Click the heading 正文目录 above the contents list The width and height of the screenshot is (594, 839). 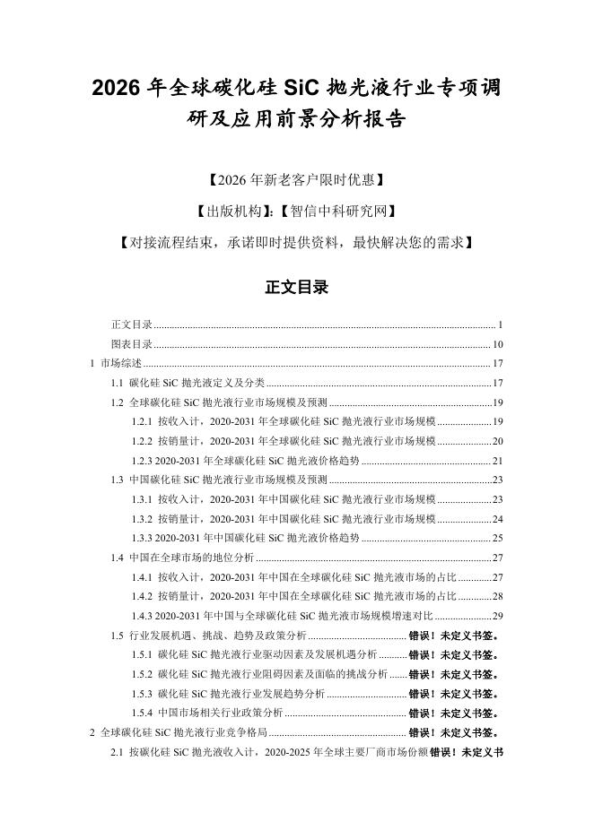[x=296, y=287]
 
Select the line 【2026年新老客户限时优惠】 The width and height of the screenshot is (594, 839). [x=296, y=180]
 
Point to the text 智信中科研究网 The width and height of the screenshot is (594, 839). [x=336, y=212]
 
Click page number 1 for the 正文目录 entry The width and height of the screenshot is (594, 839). [x=500, y=324]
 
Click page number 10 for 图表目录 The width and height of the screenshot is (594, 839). [x=497, y=343]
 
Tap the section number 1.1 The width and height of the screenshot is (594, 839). [x=118, y=383]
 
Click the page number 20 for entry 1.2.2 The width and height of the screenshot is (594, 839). [x=497, y=441]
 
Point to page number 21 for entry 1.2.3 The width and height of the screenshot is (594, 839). [x=497, y=461]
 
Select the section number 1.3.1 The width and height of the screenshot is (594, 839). [x=142, y=499]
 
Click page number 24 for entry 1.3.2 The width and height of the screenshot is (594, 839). [x=497, y=519]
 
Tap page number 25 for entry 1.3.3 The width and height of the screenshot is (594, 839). [x=497, y=538]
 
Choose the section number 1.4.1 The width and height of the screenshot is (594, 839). [x=142, y=577]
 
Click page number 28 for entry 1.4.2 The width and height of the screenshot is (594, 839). [x=497, y=596]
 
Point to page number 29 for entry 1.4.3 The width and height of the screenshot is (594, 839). [x=497, y=616]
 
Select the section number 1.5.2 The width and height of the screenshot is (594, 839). [x=142, y=674]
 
